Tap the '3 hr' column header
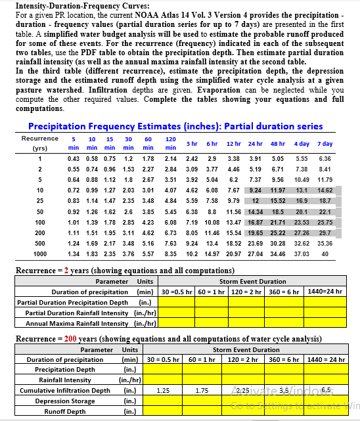tap(192, 144)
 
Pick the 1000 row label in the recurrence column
tap(40, 254)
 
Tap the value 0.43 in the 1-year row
tap(74, 159)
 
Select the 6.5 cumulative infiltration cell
tap(325, 391)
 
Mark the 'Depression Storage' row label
tap(65, 401)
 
